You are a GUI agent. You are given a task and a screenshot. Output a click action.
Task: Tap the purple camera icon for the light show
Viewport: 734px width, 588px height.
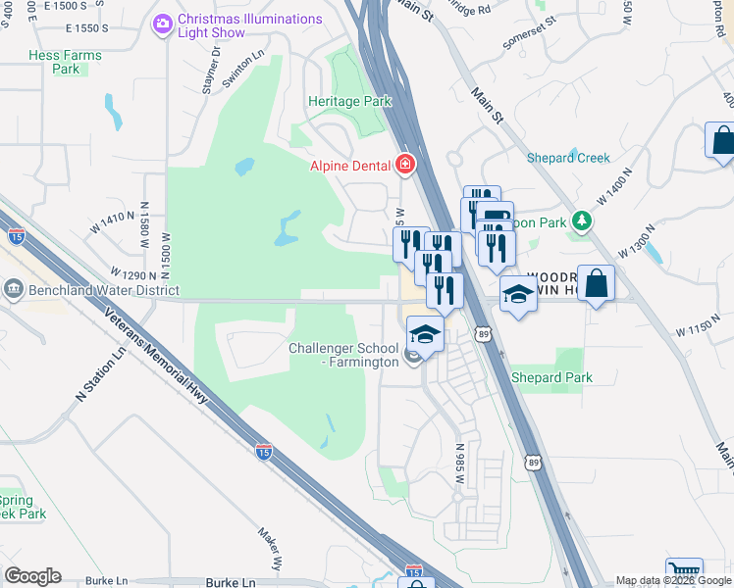[x=164, y=22]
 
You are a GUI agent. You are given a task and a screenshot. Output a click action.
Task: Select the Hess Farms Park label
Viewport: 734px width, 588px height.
[x=66, y=63]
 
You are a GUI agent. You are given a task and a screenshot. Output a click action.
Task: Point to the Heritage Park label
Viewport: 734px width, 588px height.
[x=349, y=101]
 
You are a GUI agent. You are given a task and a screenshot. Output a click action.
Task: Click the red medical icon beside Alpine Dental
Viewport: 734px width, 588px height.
[x=404, y=165]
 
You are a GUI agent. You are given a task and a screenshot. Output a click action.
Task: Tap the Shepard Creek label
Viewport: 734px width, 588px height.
[x=568, y=158]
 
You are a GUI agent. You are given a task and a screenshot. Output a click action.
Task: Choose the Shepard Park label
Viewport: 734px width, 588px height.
[x=551, y=377]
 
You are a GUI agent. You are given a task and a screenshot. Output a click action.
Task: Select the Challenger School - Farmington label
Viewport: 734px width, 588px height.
[x=343, y=356]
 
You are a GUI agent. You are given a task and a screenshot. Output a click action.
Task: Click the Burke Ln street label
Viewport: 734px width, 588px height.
[x=235, y=582]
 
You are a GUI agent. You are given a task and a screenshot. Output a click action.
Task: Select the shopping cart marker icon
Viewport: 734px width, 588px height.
[x=684, y=571]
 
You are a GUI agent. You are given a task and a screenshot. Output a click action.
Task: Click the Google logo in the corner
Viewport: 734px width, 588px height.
[x=32, y=576]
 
